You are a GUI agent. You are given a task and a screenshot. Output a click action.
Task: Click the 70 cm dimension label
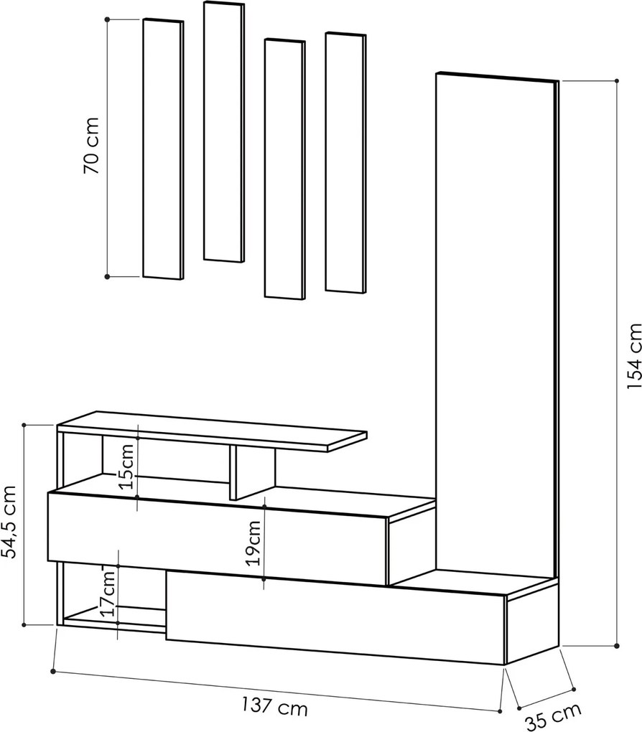(x=92, y=145)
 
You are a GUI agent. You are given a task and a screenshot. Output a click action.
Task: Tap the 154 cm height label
(x=633, y=356)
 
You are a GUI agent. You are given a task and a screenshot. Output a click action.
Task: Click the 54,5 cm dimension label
(x=10, y=522)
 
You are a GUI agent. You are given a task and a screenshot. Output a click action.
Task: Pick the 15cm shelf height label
(x=127, y=466)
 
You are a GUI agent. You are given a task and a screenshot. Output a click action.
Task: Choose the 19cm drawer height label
(x=253, y=543)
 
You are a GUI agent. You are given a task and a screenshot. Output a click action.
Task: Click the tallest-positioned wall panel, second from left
(x=224, y=132)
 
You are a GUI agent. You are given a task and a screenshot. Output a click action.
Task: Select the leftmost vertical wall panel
(x=162, y=149)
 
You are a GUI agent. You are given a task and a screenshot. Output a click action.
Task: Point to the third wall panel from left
(x=284, y=169)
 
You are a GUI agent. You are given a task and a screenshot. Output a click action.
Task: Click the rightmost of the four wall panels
(x=345, y=162)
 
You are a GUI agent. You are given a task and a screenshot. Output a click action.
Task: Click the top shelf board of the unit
(x=212, y=431)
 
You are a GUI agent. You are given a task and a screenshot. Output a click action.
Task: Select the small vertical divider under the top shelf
(x=252, y=472)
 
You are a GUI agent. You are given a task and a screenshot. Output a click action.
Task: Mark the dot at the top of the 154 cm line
(x=617, y=81)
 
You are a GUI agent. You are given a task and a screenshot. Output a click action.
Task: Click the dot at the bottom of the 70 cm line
(x=107, y=276)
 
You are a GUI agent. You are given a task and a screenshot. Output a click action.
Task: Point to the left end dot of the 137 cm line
(x=53, y=671)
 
